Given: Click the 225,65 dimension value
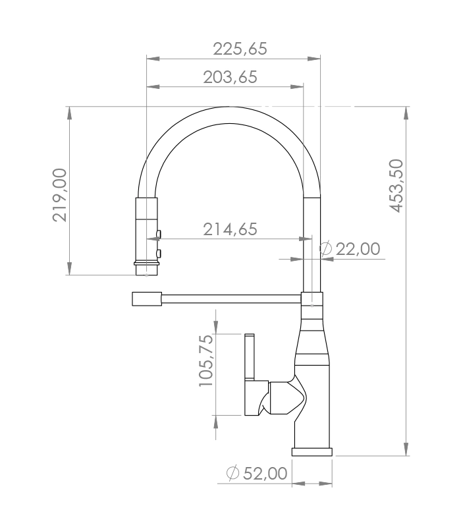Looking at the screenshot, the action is [x=240, y=49].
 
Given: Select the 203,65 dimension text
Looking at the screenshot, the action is [x=230, y=77].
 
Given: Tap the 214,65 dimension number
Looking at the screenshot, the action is [x=230, y=229].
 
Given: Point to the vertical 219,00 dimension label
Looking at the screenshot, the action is [x=60, y=195].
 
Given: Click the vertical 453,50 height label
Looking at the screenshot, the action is [x=396, y=186].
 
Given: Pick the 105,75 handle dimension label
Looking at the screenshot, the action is [x=206, y=360].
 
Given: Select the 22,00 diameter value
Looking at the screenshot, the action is [x=358, y=249].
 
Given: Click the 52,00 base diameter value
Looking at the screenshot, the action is [x=265, y=474].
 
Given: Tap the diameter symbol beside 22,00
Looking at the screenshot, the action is [x=325, y=249].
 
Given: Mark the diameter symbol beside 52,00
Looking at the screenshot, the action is [x=232, y=473].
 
